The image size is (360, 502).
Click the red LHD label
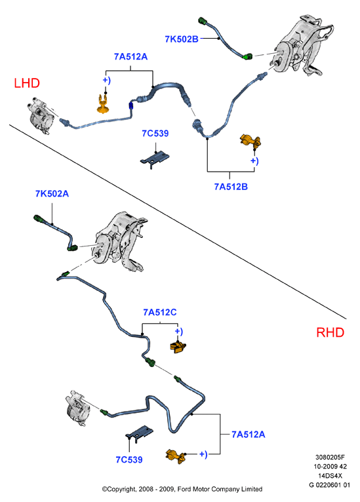coord(27,83)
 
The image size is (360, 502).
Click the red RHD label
coord(330,332)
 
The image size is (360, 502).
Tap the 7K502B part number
coord(182,39)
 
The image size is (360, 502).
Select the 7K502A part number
coord(52,194)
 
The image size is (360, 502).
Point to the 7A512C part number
coord(160,312)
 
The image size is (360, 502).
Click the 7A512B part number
coord(231,187)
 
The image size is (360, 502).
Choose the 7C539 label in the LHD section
coord(155,133)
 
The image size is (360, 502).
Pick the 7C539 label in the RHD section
coord(129,460)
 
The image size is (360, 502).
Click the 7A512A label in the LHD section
coord(130,56)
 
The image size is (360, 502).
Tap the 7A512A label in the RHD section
coord(249,434)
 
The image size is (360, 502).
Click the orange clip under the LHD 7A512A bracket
coord(103,104)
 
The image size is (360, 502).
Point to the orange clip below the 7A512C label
coord(178,347)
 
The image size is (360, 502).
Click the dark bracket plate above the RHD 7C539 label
coord(139,433)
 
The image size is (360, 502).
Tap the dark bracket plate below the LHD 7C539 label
coord(155,159)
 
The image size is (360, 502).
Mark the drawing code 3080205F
coord(330,457)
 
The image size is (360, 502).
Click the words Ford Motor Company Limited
coord(220,489)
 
